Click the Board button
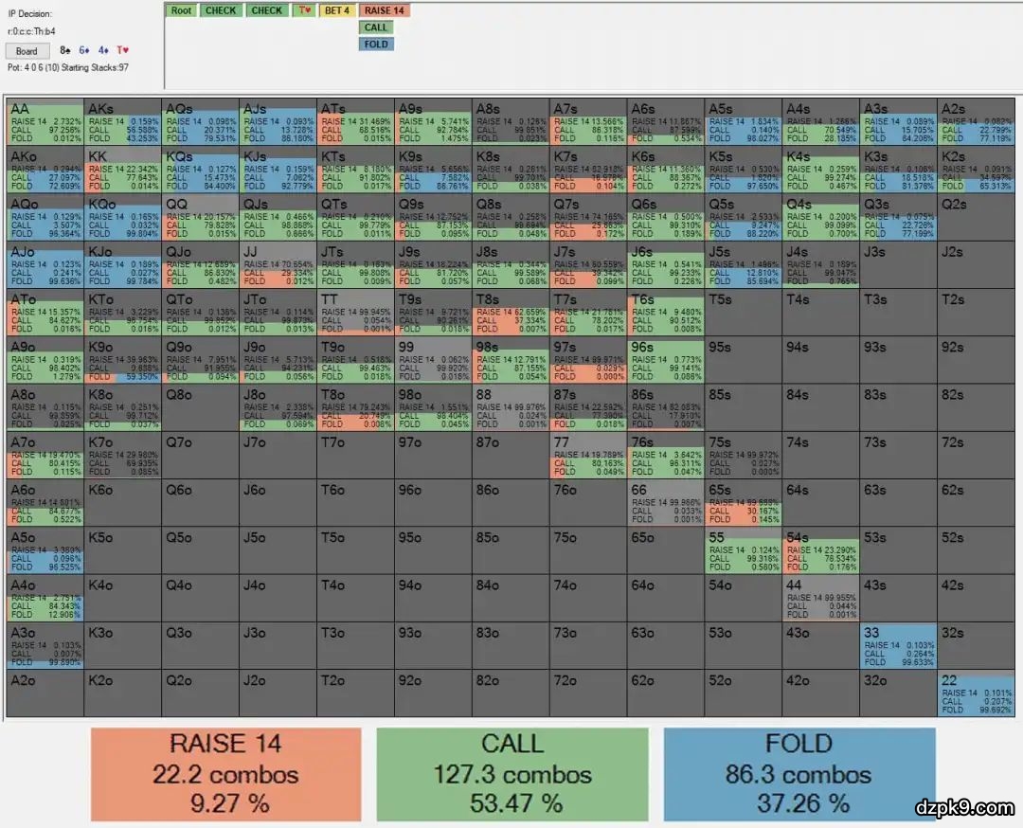click(x=27, y=51)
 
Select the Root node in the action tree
click(x=181, y=10)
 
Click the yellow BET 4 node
click(x=336, y=10)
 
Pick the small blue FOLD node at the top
click(x=376, y=44)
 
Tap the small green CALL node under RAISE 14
click(x=376, y=27)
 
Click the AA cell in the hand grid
click(x=45, y=121)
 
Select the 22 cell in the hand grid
click(x=976, y=693)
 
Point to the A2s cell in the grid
click(x=976, y=121)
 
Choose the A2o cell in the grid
click(x=45, y=693)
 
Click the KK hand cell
click(x=122, y=169)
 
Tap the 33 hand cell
click(x=898, y=646)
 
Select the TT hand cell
click(x=355, y=312)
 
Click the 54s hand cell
click(x=820, y=550)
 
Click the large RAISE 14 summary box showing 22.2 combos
click(x=226, y=774)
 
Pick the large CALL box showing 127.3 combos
click(x=512, y=774)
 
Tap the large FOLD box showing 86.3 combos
click(x=799, y=774)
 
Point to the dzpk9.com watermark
click(x=964, y=808)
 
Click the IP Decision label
click(x=30, y=14)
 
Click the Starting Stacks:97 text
click(x=96, y=67)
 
